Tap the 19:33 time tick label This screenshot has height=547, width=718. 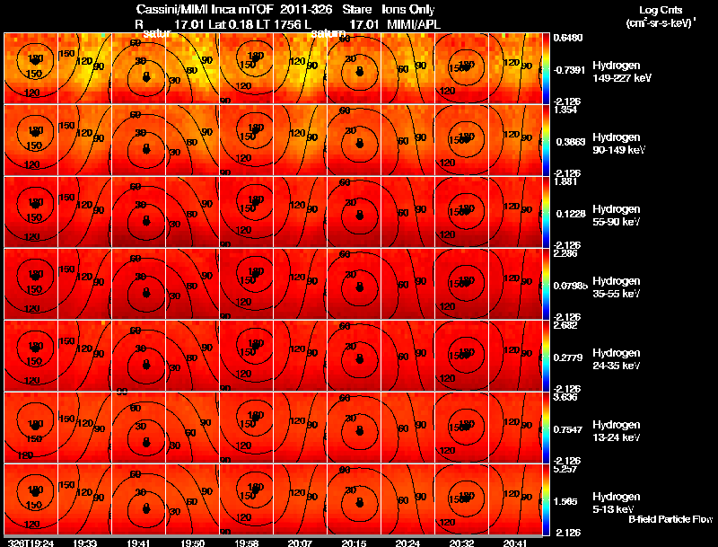pyautogui.click(x=86, y=543)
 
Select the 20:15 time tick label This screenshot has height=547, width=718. pyautogui.click(x=354, y=543)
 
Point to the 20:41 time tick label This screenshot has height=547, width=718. pyautogui.click(x=514, y=543)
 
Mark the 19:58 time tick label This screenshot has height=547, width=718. pyautogui.click(x=246, y=543)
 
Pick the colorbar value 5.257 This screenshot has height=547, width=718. pyautogui.click(x=565, y=470)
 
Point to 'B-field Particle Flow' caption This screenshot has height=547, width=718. pyautogui.click(x=670, y=519)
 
